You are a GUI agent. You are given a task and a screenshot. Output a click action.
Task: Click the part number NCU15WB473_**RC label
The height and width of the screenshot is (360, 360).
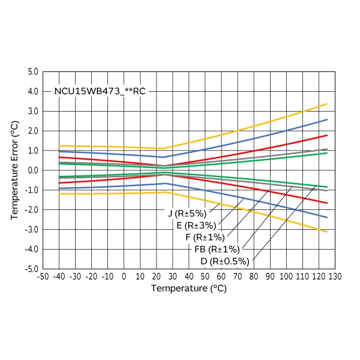coord(100,92)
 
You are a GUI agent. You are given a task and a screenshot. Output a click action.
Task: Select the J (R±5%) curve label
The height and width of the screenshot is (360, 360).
coord(187,213)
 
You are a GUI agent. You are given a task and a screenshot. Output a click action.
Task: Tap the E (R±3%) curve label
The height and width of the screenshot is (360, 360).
coord(196,225)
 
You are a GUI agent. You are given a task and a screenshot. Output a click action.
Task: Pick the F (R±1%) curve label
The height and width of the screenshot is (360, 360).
coord(205,237)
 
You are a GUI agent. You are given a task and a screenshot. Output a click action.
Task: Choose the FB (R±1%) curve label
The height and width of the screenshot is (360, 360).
coord(217,249)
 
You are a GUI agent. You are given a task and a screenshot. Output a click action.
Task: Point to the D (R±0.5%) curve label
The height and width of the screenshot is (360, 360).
coord(225,261)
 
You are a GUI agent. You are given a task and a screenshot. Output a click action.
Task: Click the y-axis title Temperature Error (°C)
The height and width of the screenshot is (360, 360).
coord(16,170)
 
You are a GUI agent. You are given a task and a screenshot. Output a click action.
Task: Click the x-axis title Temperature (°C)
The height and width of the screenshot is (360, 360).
coord(188,289)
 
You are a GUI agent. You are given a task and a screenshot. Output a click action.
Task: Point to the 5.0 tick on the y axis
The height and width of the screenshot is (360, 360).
coord(32,72)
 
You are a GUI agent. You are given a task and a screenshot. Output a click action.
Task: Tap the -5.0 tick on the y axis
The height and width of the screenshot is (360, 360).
coord(31,269)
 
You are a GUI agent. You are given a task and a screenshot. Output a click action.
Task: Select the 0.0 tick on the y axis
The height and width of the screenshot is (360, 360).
coord(32,170)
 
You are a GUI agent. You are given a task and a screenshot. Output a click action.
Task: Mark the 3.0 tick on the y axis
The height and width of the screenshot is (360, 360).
coord(32,112)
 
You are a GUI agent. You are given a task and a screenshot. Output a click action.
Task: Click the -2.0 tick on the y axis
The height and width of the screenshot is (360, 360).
coord(31,210)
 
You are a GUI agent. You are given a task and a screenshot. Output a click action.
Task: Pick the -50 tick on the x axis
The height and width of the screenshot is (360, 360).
coord(43,277)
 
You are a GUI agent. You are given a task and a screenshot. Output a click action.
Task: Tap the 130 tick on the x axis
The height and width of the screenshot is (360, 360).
coord(335,277)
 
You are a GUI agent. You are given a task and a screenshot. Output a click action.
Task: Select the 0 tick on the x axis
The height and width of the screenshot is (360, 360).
coord(124,277)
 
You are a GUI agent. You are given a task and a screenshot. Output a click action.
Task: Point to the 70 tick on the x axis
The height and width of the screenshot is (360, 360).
coord(238,277)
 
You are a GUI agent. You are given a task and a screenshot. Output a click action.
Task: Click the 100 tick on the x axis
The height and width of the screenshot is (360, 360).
coord(286,277)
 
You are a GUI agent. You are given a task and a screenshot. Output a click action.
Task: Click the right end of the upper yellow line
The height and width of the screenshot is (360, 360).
coord(327,104)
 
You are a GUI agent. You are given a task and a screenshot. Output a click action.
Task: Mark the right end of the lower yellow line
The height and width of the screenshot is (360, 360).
coord(327,232)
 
